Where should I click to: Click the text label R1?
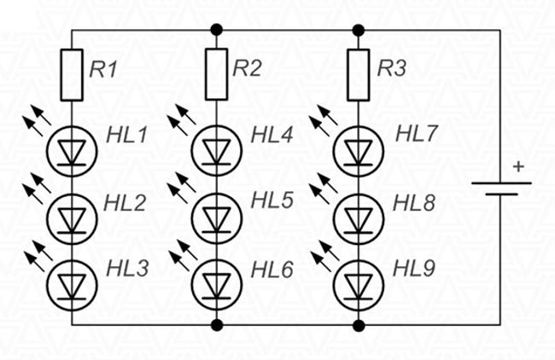pos(103,70)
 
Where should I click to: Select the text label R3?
pos(392,70)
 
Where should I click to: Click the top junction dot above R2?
pos(216,30)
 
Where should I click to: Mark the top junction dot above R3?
pos(359,30)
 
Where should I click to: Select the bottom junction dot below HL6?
pos(216,325)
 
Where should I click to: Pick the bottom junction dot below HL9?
pos(359,325)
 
